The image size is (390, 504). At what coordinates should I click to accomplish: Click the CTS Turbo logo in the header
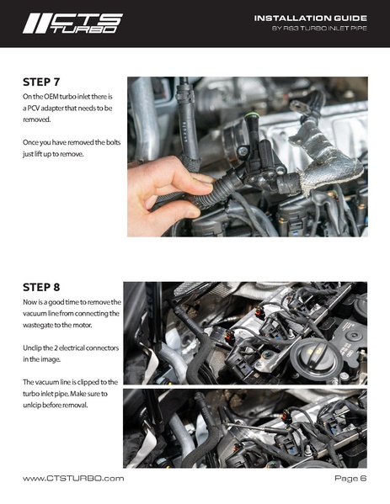pyautogui.click(x=72, y=24)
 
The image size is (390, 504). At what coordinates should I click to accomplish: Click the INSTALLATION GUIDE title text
pyautogui.click(x=310, y=18)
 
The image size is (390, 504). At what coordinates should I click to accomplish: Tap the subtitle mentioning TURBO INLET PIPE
pyautogui.click(x=319, y=29)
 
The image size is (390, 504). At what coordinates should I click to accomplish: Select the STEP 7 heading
pyautogui.click(x=46, y=82)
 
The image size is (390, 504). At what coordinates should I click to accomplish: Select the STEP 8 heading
pyautogui.click(x=46, y=287)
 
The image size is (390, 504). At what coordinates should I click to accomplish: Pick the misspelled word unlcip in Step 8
pyautogui.click(x=36, y=406)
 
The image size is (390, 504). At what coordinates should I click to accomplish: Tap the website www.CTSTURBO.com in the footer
pyautogui.click(x=73, y=478)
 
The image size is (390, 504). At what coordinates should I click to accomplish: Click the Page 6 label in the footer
pyautogui.click(x=350, y=478)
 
